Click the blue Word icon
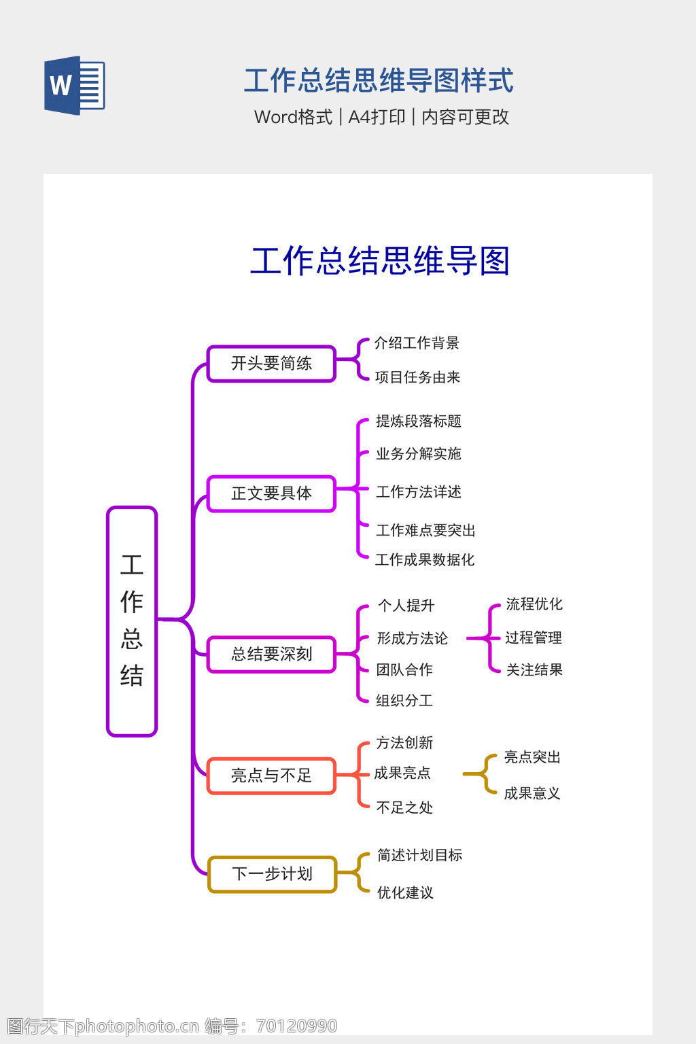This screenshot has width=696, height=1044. pyautogui.click(x=74, y=85)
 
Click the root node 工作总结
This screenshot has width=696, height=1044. pyautogui.click(x=132, y=621)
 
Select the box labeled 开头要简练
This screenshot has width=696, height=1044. pyautogui.click(x=271, y=364)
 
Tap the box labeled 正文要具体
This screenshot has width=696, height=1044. pyautogui.click(x=271, y=493)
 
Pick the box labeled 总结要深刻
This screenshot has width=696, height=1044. pyautogui.click(x=271, y=655)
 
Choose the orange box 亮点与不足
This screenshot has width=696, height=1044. pyautogui.click(x=271, y=776)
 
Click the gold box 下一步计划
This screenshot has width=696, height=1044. pyautogui.click(x=271, y=874)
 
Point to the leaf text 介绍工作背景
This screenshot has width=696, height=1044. pyautogui.click(x=417, y=343)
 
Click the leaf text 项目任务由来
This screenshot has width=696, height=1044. pyautogui.click(x=417, y=377)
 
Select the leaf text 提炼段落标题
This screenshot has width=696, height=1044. pyautogui.click(x=418, y=421)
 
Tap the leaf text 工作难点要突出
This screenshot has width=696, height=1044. pyautogui.click(x=425, y=530)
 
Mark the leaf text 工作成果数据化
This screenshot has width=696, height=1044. pyautogui.click(x=425, y=560)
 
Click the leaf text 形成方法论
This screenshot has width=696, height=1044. pyautogui.click(x=412, y=638)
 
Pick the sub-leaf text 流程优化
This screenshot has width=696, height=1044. pyautogui.click(x=534, y=604)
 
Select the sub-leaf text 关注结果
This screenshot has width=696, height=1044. pyautogui.click(x=534, y=670)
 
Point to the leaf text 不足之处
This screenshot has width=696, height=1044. pyautogui.click(x=404, y=807)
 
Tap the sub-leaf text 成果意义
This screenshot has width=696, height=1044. pyautogui.click(x=532, y=793)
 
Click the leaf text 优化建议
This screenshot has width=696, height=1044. pyautogui.click(x=405, y=892)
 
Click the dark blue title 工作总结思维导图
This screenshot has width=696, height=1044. pyautogui.click(x=380, y=261)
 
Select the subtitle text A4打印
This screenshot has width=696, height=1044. pyautogui.click(x=377, y=117)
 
